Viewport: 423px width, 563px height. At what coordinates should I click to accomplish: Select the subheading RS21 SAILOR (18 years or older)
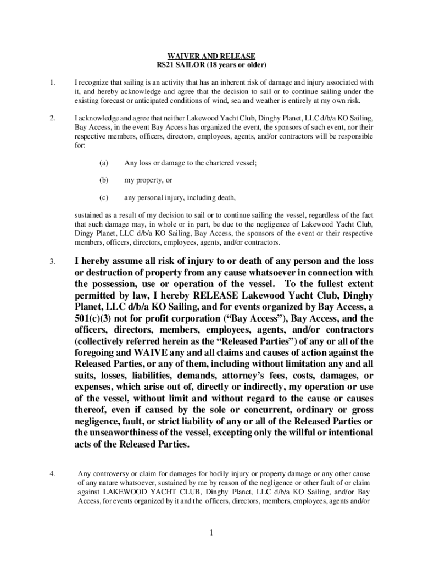211,65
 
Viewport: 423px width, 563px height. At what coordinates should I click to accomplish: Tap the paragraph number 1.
52,84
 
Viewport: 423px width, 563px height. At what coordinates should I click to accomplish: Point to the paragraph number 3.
52,261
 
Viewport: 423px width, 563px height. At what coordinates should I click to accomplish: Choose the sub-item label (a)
104,163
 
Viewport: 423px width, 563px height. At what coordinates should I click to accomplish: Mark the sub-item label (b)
104,180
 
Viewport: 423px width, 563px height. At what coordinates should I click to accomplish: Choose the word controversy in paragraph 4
109,473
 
